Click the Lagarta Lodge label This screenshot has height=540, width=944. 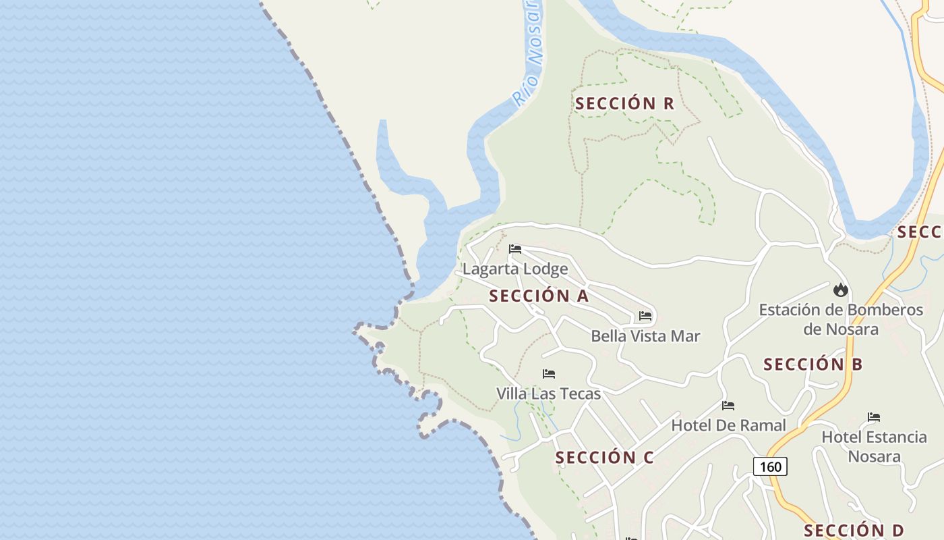coord(515,269)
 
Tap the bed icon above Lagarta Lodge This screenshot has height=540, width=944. coord(515,249)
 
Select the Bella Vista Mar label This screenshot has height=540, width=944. coord(645,336)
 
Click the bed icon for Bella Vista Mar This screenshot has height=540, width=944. coord(645,316)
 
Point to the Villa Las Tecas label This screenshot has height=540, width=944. coord(548,393)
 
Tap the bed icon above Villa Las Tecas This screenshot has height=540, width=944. coord(549,374)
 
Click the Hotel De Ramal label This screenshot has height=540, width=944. coord(728,425)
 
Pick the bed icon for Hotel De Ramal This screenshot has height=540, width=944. coord(728,406)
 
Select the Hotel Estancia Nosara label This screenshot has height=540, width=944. coord(874,446)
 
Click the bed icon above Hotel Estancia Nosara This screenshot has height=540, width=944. coord(874,417)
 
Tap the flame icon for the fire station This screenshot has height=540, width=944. coord(840,290)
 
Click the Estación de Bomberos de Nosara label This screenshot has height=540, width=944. coord(841,319)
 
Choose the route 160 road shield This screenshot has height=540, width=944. coord(770,466)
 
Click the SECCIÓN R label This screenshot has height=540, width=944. coord(624,103)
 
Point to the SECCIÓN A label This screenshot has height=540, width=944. coord(539,296)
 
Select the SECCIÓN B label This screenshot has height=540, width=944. coord(813,364)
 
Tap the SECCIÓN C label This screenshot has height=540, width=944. coord(604,458)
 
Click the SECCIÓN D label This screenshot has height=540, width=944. coord(854,531)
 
